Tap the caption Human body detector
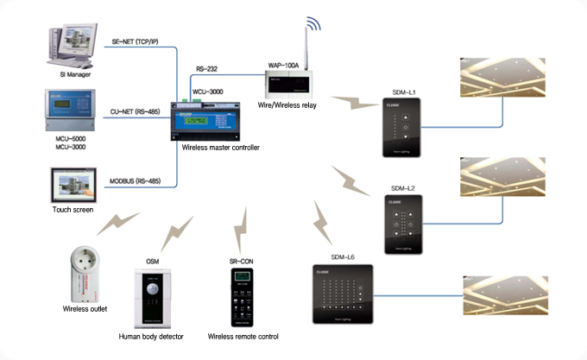pos(152,336)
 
